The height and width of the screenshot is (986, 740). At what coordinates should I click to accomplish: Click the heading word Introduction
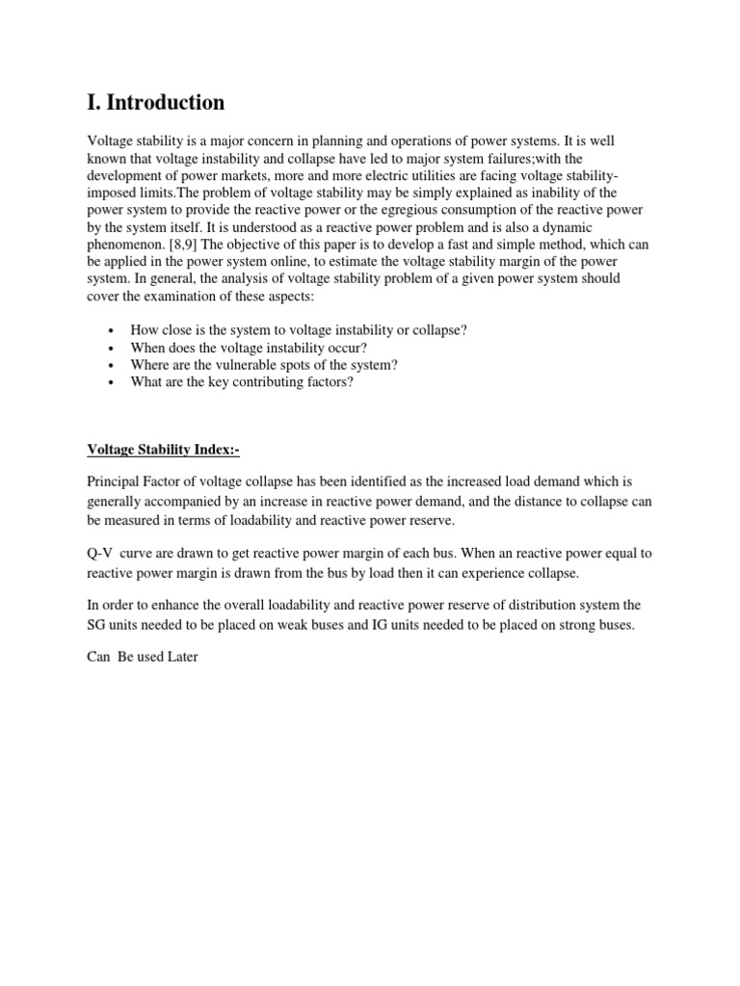167,102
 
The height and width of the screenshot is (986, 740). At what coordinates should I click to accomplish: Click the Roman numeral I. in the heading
93,102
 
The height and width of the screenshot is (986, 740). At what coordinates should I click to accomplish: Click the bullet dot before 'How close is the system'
113,331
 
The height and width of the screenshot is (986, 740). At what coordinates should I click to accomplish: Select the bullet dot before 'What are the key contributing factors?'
113,383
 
